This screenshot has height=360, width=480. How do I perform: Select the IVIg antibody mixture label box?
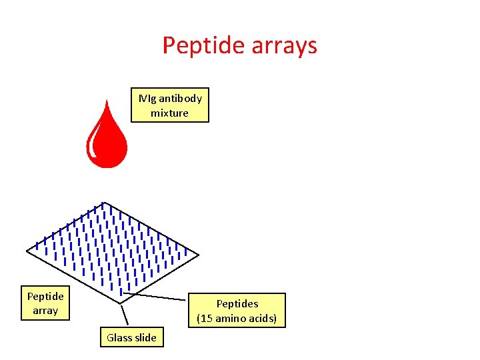pos(170,105)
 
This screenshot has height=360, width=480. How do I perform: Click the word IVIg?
pos(147,98)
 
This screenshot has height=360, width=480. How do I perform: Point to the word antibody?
pos(179,98)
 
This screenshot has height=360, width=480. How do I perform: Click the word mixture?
pos(170,113)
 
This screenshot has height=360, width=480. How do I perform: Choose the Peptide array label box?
pos(45,303)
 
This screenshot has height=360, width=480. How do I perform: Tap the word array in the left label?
pos(45,311)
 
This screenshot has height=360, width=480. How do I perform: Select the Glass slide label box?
pos(131,337)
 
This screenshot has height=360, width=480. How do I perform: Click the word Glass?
pos(119,337)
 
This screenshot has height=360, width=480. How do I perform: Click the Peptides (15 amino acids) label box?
pos(237,311)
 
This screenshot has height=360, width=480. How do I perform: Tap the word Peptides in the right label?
pos(237,303)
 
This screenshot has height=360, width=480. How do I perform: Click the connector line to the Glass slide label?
pos(124,316)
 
